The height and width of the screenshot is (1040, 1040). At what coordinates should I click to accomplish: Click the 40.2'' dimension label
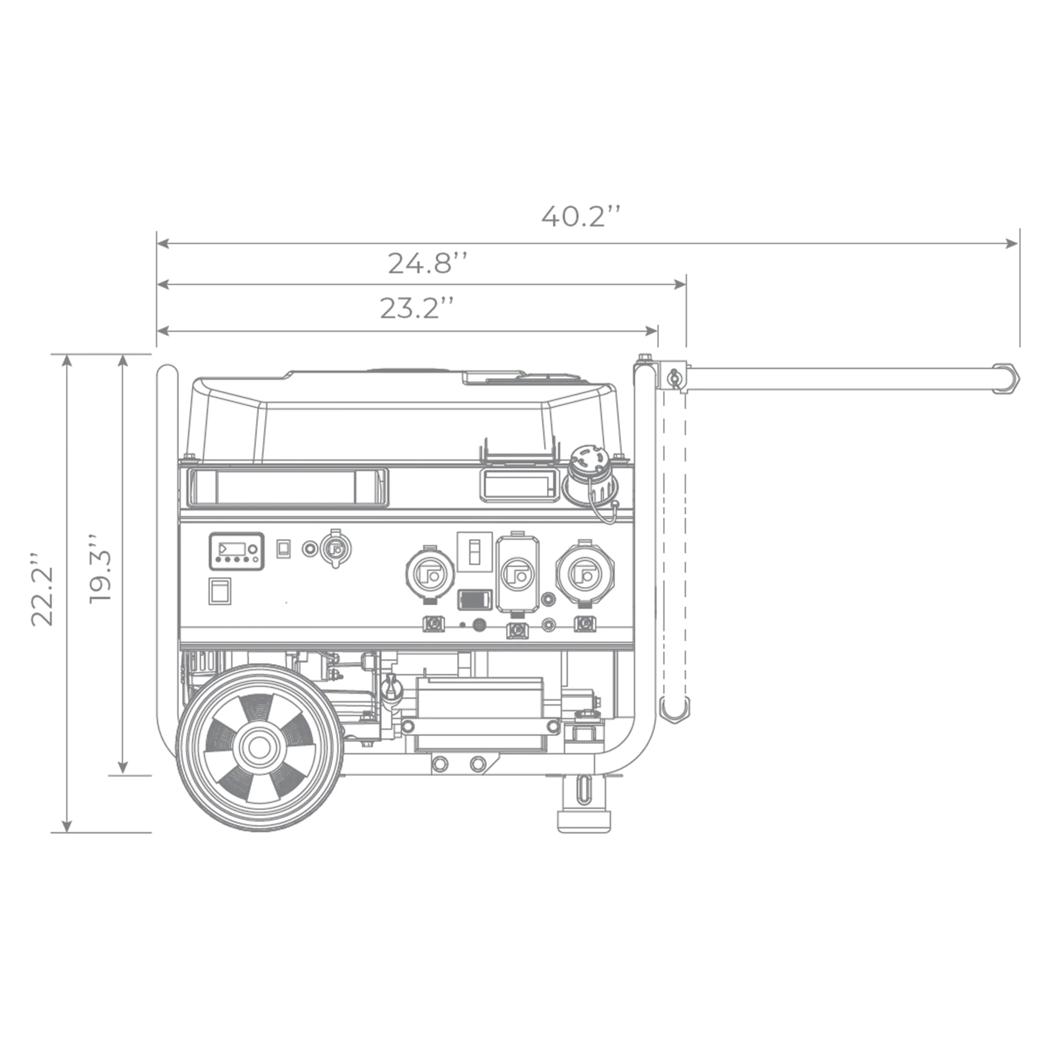click(x=581, y=216)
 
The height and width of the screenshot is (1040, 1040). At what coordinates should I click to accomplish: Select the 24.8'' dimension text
click(x=427, y=263)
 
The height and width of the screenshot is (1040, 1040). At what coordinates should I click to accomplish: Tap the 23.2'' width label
click(x=417, y=308)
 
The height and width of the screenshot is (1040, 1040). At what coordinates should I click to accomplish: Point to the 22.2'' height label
click(x=42, y=588)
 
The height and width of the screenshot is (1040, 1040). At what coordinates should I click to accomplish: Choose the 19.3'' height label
click(x=100, y=569)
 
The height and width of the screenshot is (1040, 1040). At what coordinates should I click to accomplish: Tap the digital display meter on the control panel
click(x=236, y=551)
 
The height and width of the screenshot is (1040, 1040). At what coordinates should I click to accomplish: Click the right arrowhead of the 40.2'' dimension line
click(x=1012, y=243)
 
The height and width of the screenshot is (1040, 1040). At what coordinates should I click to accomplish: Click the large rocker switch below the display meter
click(x=219, y=591)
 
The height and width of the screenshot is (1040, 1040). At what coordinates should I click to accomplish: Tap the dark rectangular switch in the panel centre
click(x=475, y=600)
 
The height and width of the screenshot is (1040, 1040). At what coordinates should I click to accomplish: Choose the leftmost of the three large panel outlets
click(x=430, y=575)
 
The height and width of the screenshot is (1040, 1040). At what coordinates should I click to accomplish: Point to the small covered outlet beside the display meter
click(x=335, y=549)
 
